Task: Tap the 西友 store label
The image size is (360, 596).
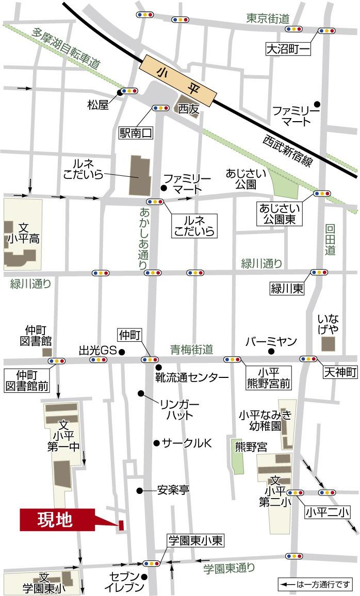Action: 188,109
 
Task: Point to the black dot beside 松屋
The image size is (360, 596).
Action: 119,93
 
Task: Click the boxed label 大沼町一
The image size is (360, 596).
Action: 289,49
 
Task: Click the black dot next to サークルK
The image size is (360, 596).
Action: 156,443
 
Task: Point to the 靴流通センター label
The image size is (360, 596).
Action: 191,377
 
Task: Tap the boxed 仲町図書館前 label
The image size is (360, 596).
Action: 26,380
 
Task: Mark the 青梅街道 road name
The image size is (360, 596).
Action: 192,349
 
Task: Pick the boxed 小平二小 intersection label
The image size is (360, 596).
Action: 326,512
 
